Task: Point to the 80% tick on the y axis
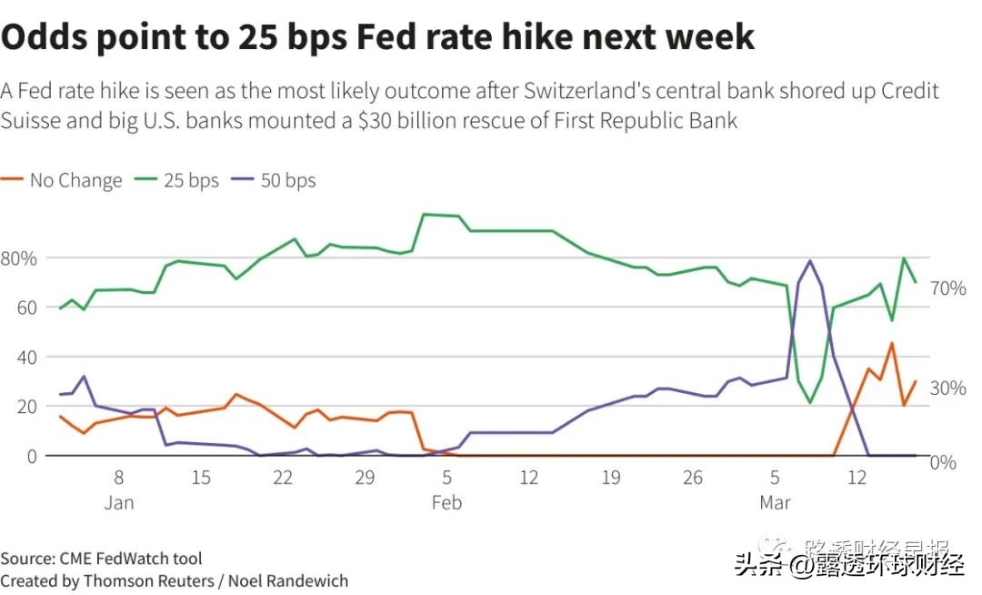[x=19, y=258]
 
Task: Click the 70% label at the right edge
[x=947, y=288]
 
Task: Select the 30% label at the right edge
[x=947, y=388]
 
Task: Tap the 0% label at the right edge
[x=944, y=462]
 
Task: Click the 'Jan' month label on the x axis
[x=119, y=502]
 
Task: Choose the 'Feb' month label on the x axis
[x=446, y=502]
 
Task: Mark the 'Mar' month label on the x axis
[x=775, y=502]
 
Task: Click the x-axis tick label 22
[x=283, y=478]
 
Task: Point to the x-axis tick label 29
[x=365, y=478]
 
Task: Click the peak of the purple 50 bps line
[x=809, y=261]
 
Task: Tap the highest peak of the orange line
[x=892, y=343]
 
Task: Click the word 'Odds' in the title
[x=55, y=36]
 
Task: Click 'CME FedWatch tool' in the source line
[x=131, y=558]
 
